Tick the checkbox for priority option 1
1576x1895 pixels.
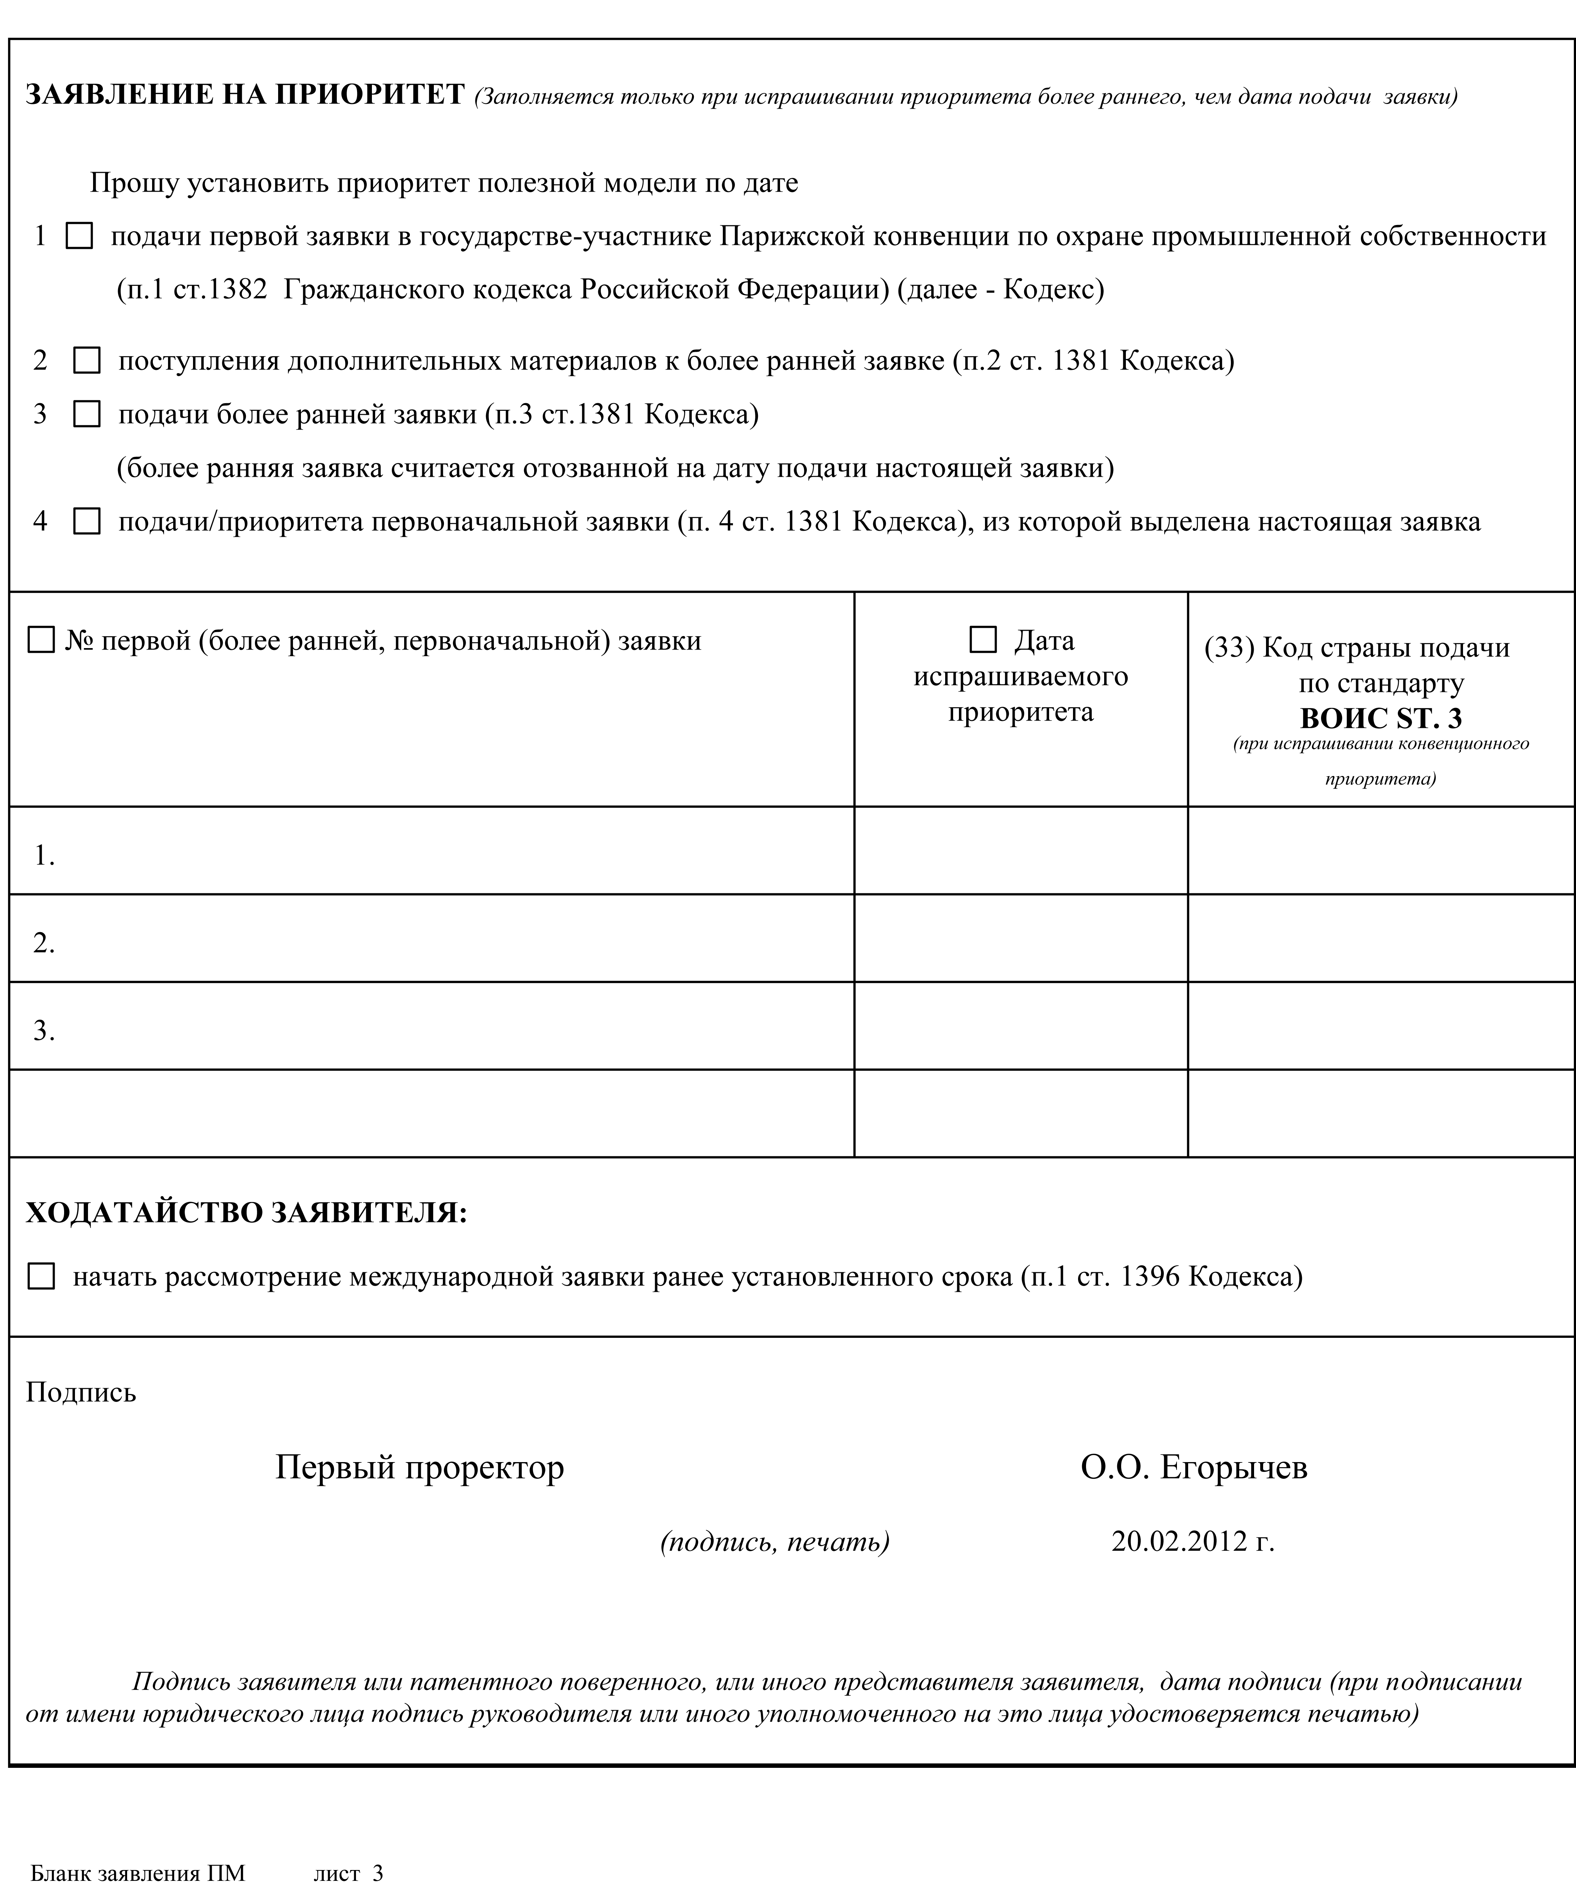(79, 237)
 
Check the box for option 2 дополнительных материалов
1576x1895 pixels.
(87, 361)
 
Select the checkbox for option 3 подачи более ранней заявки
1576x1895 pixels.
(87, 414)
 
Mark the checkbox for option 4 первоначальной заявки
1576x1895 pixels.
(87, 522)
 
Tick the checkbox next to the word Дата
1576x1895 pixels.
(982, 640)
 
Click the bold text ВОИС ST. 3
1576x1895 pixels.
(1380, 718)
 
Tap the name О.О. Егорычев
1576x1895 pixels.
(1194, 1467)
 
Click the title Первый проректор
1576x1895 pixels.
(419, 1467)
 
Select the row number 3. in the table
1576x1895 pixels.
(44, 1031)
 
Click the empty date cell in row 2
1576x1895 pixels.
(1020, 939)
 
